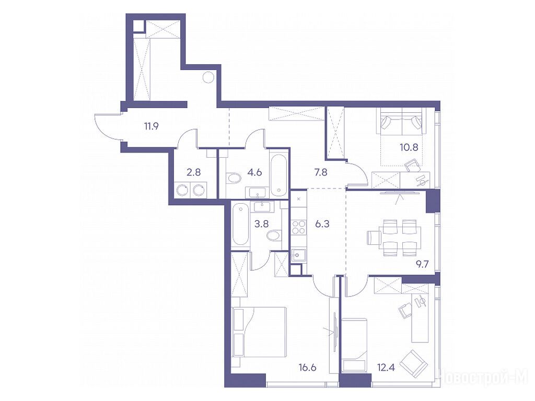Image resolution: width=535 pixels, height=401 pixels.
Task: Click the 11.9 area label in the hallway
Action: point(151,127)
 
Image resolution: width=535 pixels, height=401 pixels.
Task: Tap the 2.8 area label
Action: point(193,172)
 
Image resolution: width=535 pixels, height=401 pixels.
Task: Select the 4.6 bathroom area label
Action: point(254,172)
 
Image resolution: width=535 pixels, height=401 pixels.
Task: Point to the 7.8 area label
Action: point(320,172)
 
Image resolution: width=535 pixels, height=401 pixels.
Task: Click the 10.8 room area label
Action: point(409,147)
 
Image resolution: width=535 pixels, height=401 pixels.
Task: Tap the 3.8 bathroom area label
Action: point(261,224)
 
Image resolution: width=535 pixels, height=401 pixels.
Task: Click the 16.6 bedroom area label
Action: point(307,368)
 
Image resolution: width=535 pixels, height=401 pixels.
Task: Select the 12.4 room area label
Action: point(386,368)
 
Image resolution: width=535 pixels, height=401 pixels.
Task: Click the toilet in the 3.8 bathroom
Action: point(274,235)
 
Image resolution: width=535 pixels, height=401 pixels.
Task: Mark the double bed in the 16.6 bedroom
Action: point(259,332)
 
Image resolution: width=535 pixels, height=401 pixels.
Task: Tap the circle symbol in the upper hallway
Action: point(208,78)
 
